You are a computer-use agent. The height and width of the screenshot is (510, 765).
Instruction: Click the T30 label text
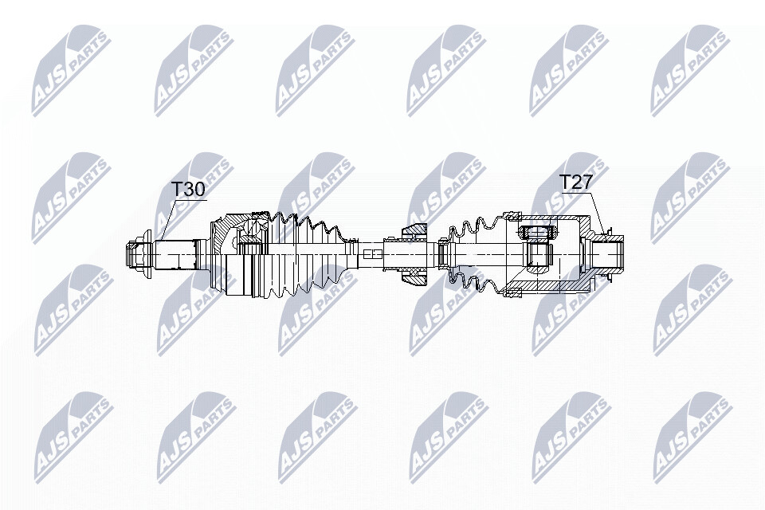click(x=188, y=190)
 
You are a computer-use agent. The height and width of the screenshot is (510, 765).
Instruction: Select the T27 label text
click(x=575, y=183)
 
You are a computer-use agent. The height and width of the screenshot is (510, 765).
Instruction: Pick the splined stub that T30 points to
click(x=177, y=255)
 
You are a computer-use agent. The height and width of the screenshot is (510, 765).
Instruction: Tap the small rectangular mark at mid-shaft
click(x=372, y=254)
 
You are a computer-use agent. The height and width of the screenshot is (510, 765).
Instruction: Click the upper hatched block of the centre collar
click(x=414, y=231)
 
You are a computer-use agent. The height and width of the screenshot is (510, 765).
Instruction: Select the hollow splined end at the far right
click(x=606, y=254)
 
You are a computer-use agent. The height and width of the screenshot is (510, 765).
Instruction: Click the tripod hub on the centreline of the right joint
click(x=538, y=254)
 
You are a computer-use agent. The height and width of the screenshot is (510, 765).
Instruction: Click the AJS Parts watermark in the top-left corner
click(x=72, y=71)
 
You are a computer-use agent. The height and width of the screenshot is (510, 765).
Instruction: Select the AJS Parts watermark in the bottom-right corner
click(x=692, y=437)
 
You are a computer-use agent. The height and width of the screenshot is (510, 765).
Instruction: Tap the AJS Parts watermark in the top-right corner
click(x=690, y=71)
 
